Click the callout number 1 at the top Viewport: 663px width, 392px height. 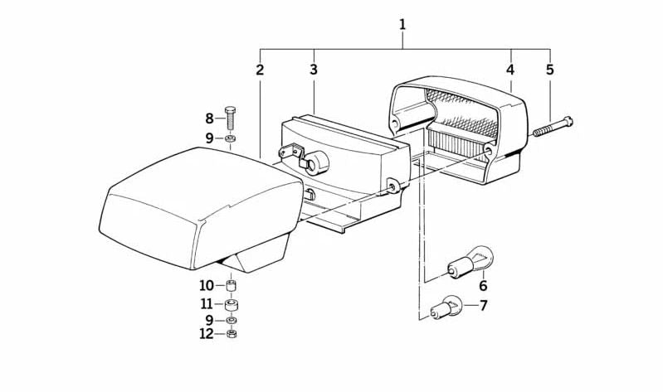[x=402, y=24]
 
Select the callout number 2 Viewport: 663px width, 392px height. [x=260, y=70]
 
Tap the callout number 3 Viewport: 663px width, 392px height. [x=314, y=70]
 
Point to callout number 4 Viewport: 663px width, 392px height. [x=510, y=70]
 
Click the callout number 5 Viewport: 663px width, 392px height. [x=549, y=70]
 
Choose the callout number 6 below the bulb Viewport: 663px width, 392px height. [x=483, y=286]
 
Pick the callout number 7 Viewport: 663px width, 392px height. [x=483, y=305]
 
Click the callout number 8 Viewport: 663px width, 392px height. [x=209, y=119]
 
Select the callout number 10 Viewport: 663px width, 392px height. [x=207, y=286]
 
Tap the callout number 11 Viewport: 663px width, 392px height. [x=207, y=303]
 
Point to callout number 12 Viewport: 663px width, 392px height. [x=207, y=334]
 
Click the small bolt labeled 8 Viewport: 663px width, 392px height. [x=230, y=118]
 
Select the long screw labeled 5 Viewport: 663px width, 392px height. [x=553, y=126]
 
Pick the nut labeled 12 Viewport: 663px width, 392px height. [x=231, y=334]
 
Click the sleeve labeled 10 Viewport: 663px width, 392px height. [x=231, y=285]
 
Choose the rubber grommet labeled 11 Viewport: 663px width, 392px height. [x=231, y=304]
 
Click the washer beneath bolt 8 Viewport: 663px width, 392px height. [x=231, y=138]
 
